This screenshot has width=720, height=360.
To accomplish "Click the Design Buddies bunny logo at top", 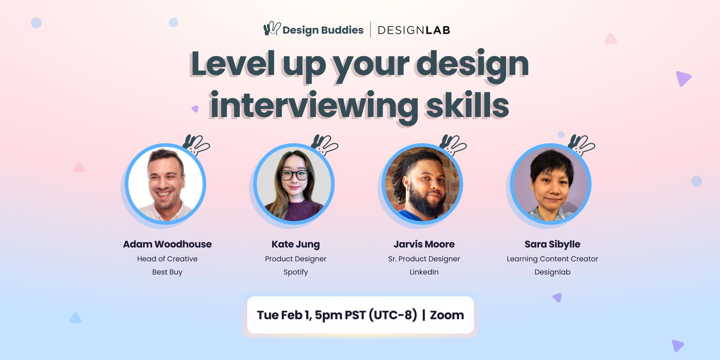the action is (272, 29).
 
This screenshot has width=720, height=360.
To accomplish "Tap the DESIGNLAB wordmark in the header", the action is (414, 30).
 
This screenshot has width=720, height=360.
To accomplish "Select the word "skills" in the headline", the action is (468, 105).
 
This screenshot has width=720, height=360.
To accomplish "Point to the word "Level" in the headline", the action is (232, 64).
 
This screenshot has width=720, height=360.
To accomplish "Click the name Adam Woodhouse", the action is (167, 244).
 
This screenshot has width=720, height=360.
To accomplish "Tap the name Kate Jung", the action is (295, 244).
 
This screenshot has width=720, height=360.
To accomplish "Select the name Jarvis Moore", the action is (424, 244).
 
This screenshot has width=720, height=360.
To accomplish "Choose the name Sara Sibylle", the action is (552, 244).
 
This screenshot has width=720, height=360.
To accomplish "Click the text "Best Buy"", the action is (167, 272).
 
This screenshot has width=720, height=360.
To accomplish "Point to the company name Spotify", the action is (295, 272).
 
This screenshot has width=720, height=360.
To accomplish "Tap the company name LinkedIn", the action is (424, 272).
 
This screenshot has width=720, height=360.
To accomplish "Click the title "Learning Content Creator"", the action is (552, 259).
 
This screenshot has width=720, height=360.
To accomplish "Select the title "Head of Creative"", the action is (167, 259).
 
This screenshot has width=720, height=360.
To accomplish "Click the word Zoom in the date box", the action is (447, 315).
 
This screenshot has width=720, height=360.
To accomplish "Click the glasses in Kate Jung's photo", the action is (295, 175).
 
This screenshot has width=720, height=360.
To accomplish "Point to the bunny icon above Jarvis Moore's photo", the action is (453, 145).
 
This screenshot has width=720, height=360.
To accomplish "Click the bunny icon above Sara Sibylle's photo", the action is (581, 145).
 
